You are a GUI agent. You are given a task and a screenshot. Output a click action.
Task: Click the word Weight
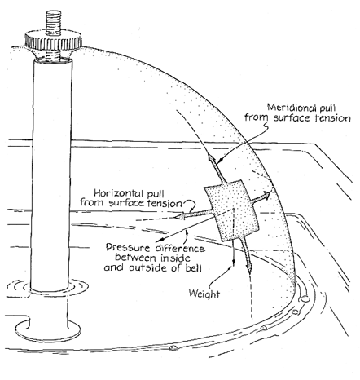click(204, 294)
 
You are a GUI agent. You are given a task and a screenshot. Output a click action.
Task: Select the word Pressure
click(128, 248)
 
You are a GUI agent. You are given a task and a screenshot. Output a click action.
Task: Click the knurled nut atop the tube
click(54, 40)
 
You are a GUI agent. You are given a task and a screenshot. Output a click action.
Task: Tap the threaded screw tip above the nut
click(53, 22)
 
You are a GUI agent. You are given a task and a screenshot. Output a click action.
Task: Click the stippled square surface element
click(231, 210)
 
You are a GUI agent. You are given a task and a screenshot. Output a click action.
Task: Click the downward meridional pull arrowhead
click(249, 267)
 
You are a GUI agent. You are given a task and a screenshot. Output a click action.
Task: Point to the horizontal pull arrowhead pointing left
click(179, 216)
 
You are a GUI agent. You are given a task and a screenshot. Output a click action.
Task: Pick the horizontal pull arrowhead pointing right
click(266, 195)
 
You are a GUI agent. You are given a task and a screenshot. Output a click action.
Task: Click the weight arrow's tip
click(233, 265)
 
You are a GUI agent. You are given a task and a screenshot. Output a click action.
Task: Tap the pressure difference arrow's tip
click(158, 241)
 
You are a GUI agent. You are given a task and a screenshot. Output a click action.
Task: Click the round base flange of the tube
click(48, 329)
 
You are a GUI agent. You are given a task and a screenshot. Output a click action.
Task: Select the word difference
click(180, 248)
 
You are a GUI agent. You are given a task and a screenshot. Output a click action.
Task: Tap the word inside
click(175, 258)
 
